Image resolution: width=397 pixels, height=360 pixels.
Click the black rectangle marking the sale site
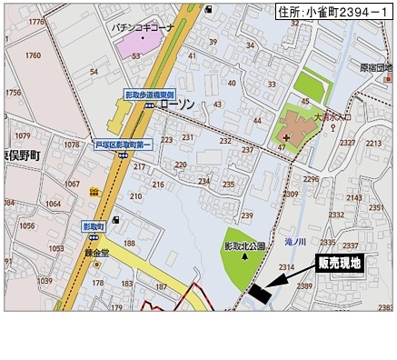(x=259, y=294)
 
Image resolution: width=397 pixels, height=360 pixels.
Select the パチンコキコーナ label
(x=144, y=27)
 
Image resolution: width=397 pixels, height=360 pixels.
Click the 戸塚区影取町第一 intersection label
(x=122, y=144)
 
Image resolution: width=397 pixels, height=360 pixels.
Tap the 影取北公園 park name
(x=244, y=245)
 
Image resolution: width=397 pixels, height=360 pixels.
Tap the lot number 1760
(x=33, y=55)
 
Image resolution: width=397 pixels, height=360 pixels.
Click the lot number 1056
(x=27, y=226)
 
